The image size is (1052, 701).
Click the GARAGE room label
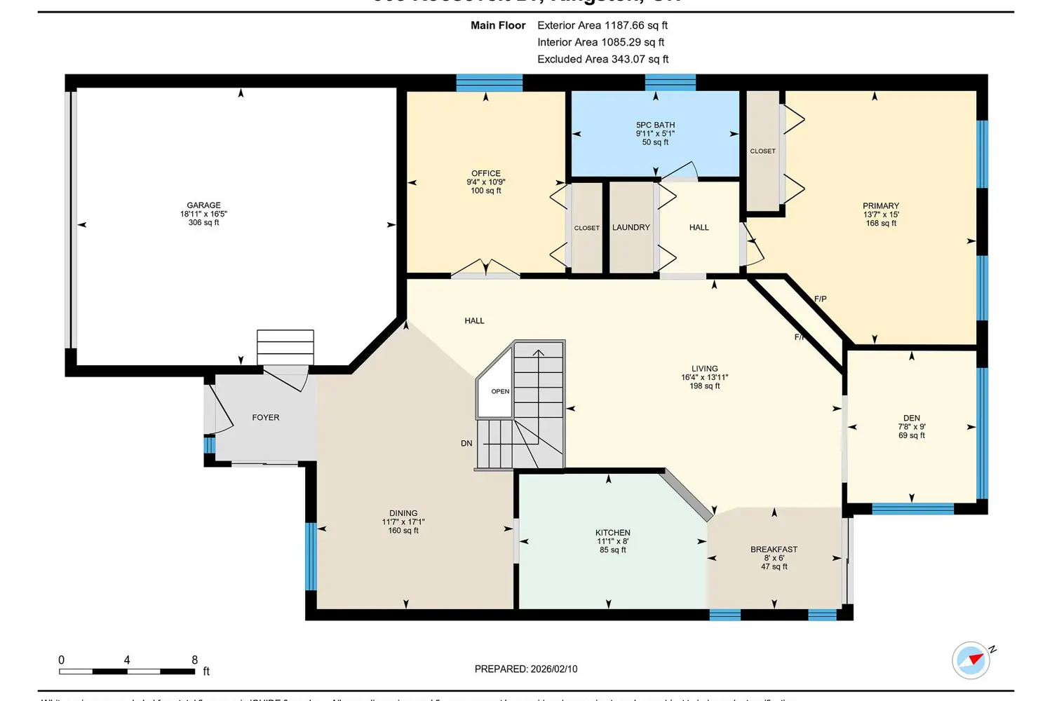pyautogui.click(x=203, y=205)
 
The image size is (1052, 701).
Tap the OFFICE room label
pyautogui.click(x=486, y=173)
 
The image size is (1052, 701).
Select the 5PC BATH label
pyautogui.click(x=655, y=125)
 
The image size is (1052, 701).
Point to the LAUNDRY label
pyautogui.click(x=631, y=228)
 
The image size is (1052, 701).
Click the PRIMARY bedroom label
pyautogui.click(x=881, y=206)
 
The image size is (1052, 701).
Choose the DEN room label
pyautogui.click(x=912, y=418)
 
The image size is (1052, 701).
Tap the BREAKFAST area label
pyautogui.click(x=774, y=550)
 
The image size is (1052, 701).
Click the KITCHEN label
pyautogui.click(x=613, y=533)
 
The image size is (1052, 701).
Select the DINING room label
pyautogui.click(x=403, y=513)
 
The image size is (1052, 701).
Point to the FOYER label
pyautogui.click(x=266, y=418)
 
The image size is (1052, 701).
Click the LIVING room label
pyautogui.click(x=705, y=369)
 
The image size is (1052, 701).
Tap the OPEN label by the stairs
pyautogui.click(x=500, y=392)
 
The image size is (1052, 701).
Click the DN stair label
pyautogui.click(x=466, y=444)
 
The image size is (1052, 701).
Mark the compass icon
pyautogui.click(x=971, y=660)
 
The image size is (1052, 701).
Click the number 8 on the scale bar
pyautogui.click(x=195, y=660)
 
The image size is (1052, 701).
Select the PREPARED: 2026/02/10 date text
pyautogui.click(x=526, y=669)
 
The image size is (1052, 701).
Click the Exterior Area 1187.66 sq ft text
pyautogui.click(x=602, y=25)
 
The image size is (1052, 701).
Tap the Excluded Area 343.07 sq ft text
pyautogui.click(x=603, y=60)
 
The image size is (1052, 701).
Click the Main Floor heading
pyautogui.click(x=498, y=25)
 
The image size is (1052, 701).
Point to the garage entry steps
pyautogui.click(x=285, y=347)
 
